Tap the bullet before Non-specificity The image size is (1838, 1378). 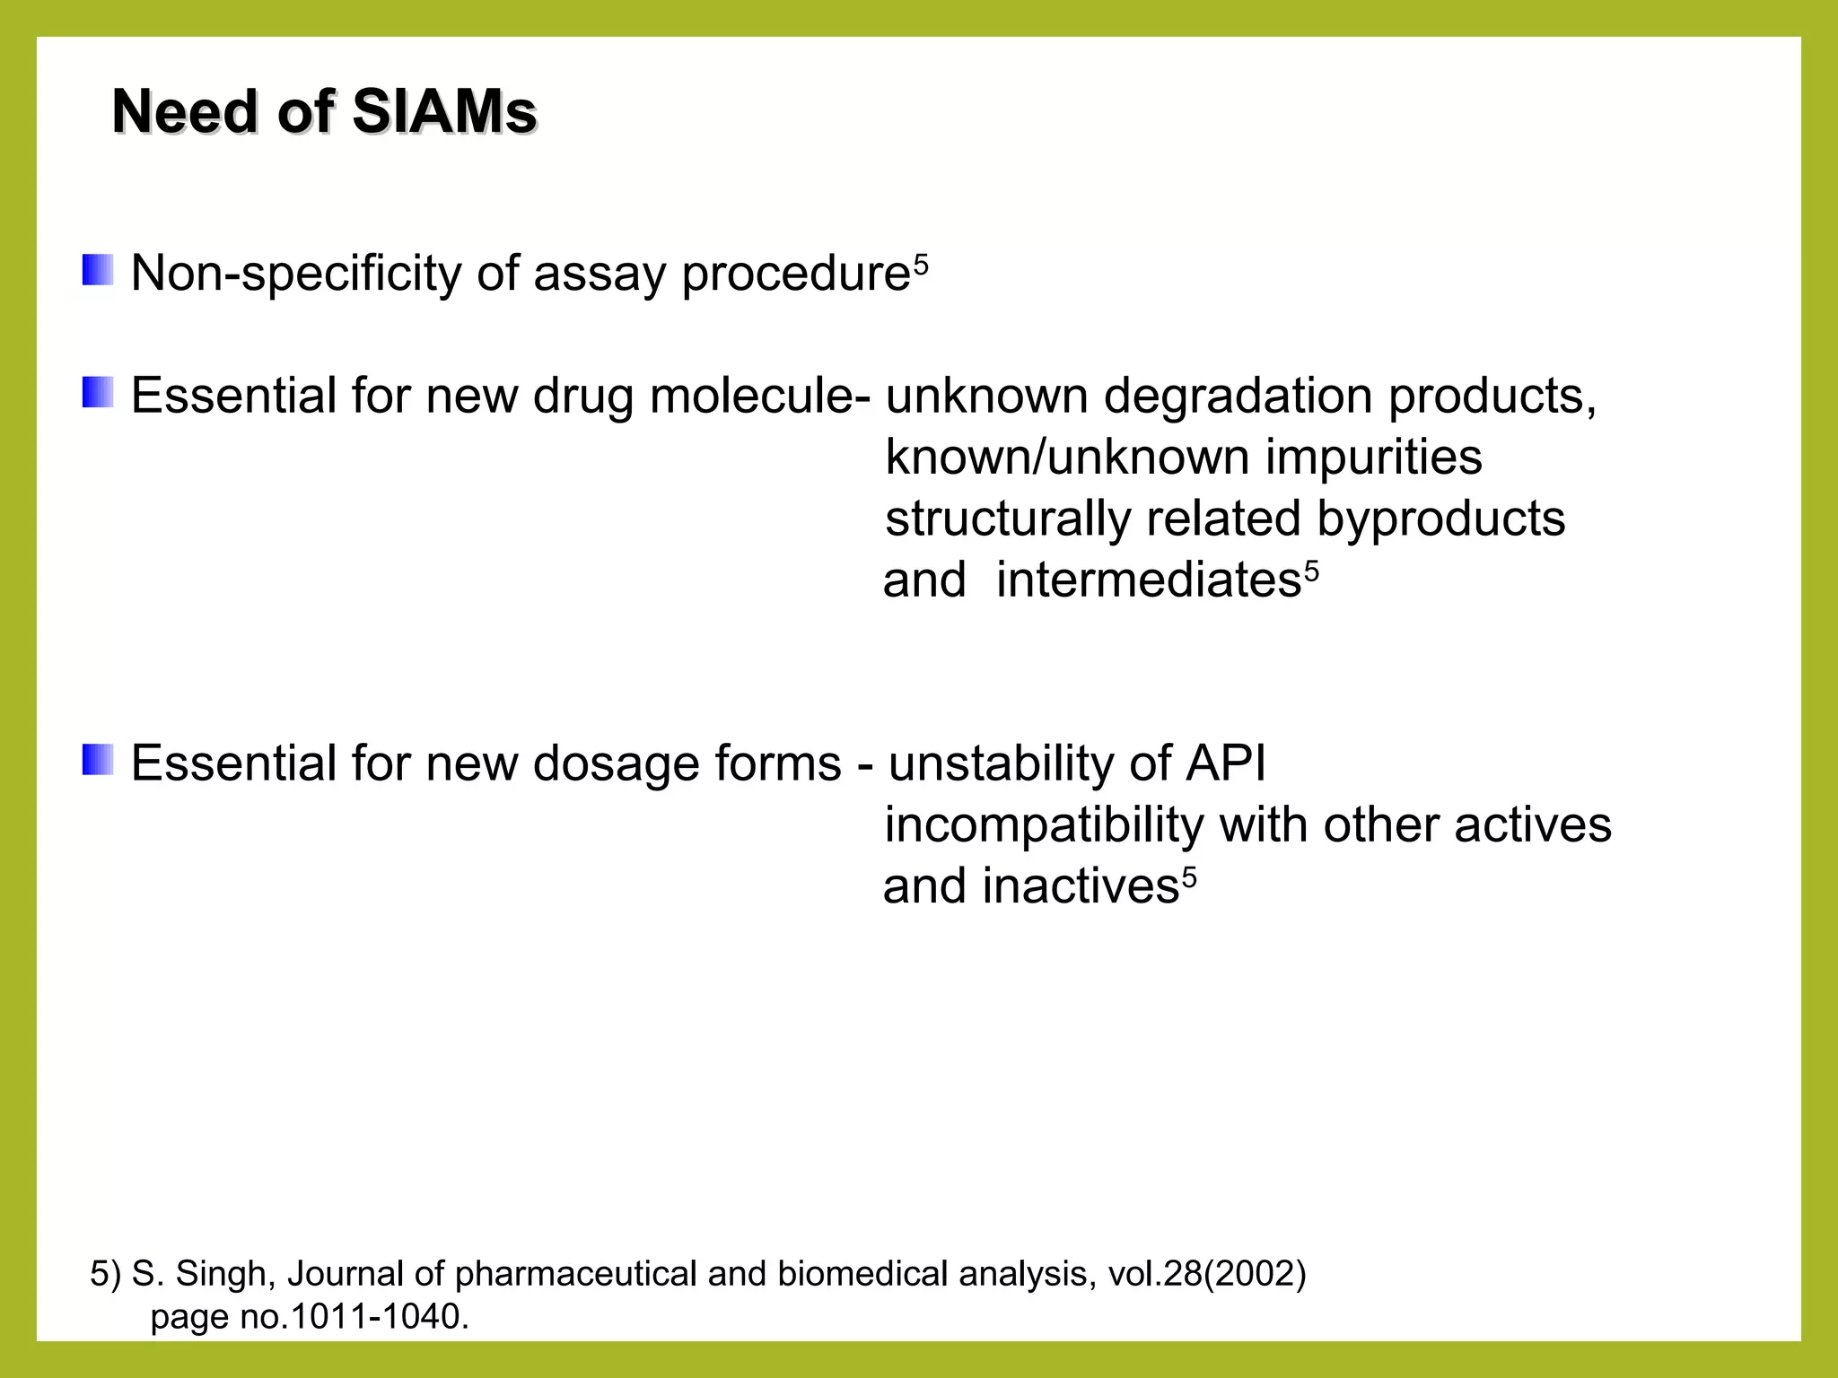(98, 270)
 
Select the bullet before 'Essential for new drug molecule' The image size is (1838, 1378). (98, 393)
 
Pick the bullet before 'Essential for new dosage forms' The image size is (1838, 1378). (98, 760)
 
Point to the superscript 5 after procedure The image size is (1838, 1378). (921, 265)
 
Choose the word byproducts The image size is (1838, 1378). (1440, 519)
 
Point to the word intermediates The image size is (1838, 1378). (1148, 580)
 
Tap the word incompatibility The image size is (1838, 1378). (1044, 825)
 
